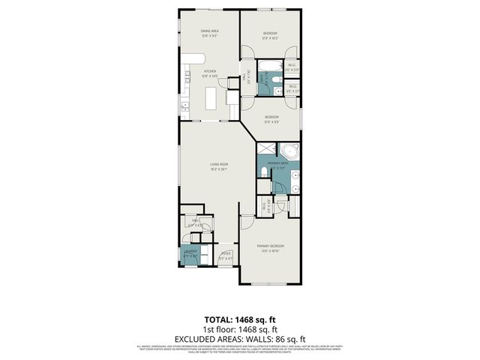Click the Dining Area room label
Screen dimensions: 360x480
209,31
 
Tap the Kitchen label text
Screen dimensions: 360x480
209,72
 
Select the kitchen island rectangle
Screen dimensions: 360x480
211,97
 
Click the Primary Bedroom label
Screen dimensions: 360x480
270,246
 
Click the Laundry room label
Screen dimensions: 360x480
191,252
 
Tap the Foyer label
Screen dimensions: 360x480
225,253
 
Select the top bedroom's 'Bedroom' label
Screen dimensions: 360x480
270,33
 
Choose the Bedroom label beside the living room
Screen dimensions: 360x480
271,116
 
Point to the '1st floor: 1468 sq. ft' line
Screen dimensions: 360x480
239,329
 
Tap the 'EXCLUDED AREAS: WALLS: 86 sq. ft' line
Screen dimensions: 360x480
239,338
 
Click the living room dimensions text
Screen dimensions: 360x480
218,169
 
